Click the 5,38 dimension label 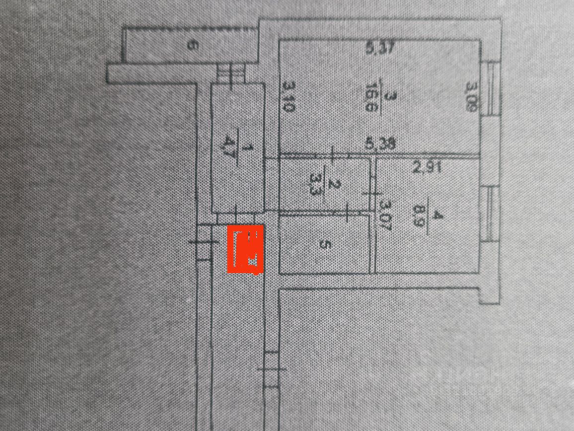coord(380,144)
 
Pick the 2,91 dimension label coord(427,168)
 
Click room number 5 coord(324,245)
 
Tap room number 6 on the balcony coord(192,46)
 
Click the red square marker coord(245,249)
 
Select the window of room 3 coord(492,88)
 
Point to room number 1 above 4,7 coord(251,147)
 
